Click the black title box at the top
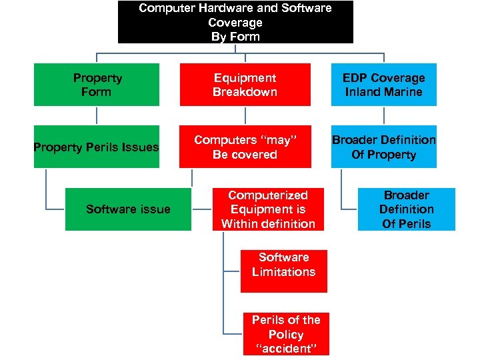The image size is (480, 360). coord(235,22)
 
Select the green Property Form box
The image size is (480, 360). coord(97,85)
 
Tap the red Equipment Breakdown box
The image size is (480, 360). coord(245,85)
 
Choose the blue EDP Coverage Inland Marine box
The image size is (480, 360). coord(383,85)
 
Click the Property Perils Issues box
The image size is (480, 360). coord(97,147)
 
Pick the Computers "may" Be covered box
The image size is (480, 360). coord(245,147)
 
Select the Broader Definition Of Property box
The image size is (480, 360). coord(383,147)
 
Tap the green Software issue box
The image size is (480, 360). coord(128,209)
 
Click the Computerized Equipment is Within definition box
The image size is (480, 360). coord(268,209)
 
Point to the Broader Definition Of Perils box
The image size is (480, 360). coord(406,209)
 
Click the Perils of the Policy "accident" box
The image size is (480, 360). coord(285,334)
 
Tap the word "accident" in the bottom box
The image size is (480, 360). coord(285,349)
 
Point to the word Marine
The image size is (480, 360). coord(402,92)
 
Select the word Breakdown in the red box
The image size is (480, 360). coord(245,92)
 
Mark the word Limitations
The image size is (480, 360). coord(284,272)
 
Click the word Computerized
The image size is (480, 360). coord(268,195)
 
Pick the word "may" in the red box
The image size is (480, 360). coord(277,140)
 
